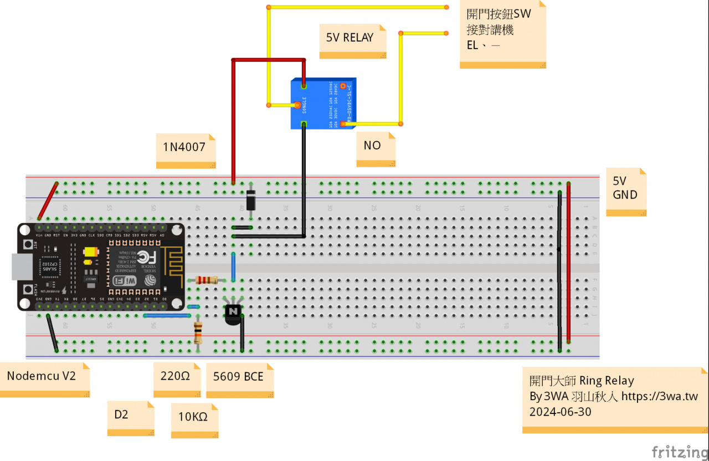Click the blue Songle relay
[x=323, y=104]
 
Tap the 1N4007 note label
[x=185, y=148]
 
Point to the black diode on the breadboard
[x=250, y=200]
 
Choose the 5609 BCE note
[x=239, y=377]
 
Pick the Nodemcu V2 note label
[x=42, y=376]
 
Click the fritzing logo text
[x=679, y=451]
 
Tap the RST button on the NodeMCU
[x=28, y=245]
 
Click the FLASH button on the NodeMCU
[x=28, y=288]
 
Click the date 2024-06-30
[x=560, y=412]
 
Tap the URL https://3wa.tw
[x=659, y=397]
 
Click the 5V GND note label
[x=625, y=188]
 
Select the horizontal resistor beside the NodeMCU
[x=206, y=281]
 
